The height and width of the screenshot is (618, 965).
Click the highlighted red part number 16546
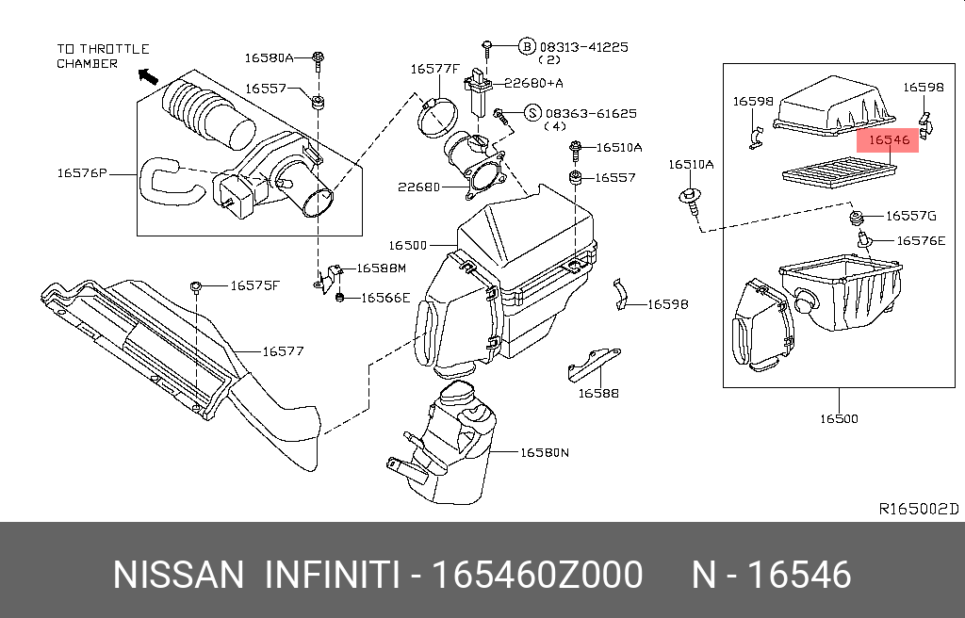[x=889, y=140]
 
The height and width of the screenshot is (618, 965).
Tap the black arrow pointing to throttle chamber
[x=147, y=74]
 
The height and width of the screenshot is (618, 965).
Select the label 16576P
[x=82, y=173]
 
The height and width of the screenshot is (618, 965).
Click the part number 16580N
[x=545, y=452]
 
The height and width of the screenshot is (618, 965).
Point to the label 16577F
[x=433, y=69]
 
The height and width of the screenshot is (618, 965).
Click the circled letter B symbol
[x=527, y=46]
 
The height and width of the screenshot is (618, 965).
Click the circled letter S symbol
[x=532, y=113]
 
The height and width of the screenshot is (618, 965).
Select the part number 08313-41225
[x=584, y=46]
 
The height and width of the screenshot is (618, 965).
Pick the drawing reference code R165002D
[x=918, y=509]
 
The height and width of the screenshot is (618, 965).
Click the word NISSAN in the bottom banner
[x=177, y=575]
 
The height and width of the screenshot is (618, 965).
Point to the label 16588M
[x=380, y=268]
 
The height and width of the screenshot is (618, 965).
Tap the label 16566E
[x=385, y=299]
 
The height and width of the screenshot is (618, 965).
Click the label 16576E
[x=920, y=241]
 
